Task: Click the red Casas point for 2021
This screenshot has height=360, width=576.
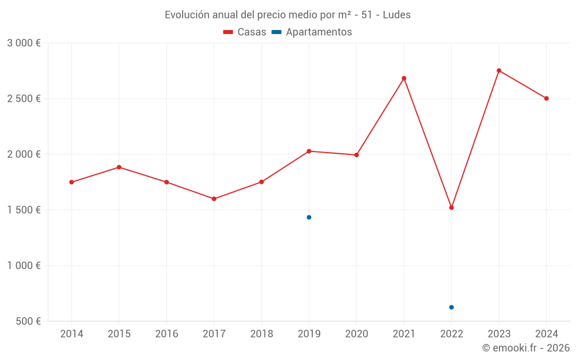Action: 404,78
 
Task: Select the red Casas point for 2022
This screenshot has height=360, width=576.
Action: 452,207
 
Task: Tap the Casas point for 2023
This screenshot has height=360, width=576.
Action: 499,71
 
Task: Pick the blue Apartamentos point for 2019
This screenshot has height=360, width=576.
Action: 309,217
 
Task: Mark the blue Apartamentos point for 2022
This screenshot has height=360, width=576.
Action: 452,307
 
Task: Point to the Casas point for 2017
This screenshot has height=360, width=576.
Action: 214,199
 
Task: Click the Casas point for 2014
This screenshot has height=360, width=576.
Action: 71,182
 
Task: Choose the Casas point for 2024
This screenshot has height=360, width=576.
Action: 547,98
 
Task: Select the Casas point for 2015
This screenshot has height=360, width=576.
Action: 119,167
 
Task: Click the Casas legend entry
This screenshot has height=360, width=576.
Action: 245,32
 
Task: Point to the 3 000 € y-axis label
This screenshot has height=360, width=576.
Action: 24,43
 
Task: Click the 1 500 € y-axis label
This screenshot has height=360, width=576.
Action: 24,210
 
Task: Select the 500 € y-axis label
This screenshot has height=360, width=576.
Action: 28,321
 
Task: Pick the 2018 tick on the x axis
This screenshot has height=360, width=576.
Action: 262,334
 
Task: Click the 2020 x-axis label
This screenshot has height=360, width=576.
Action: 357,334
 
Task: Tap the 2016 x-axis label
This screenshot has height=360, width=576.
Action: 166,334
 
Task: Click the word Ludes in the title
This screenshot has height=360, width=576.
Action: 397,15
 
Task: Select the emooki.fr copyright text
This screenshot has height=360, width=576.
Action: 526,348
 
